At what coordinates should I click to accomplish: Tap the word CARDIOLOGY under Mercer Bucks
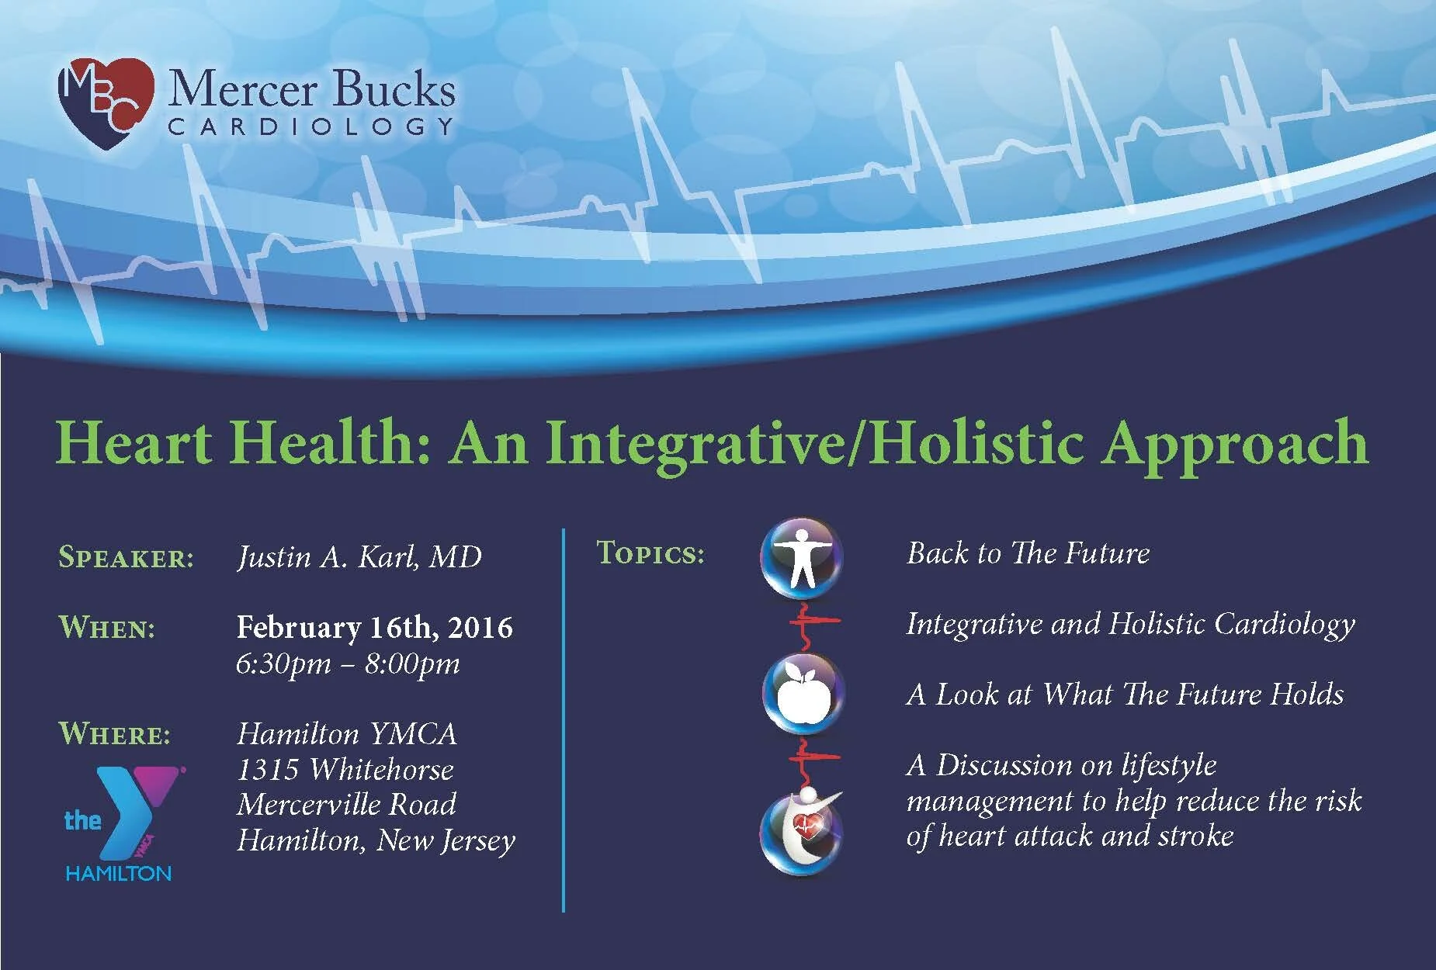(311, 126)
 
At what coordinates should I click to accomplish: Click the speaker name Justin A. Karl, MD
(359, 557)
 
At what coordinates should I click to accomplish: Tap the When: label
(107, 627)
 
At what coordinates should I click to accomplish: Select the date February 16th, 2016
(374, 627)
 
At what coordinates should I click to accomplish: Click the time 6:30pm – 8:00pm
(348, 663)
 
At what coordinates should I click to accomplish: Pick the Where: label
(115, 733)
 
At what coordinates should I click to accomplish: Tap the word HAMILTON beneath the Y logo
(118, 873)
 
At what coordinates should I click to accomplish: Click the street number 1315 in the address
(268, 770)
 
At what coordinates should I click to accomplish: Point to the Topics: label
(650, 553)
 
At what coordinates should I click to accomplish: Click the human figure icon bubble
(801, 559)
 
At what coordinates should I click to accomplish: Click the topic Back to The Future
(1028, 553)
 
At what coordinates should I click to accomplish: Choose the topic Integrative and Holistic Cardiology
(1131, 625)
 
